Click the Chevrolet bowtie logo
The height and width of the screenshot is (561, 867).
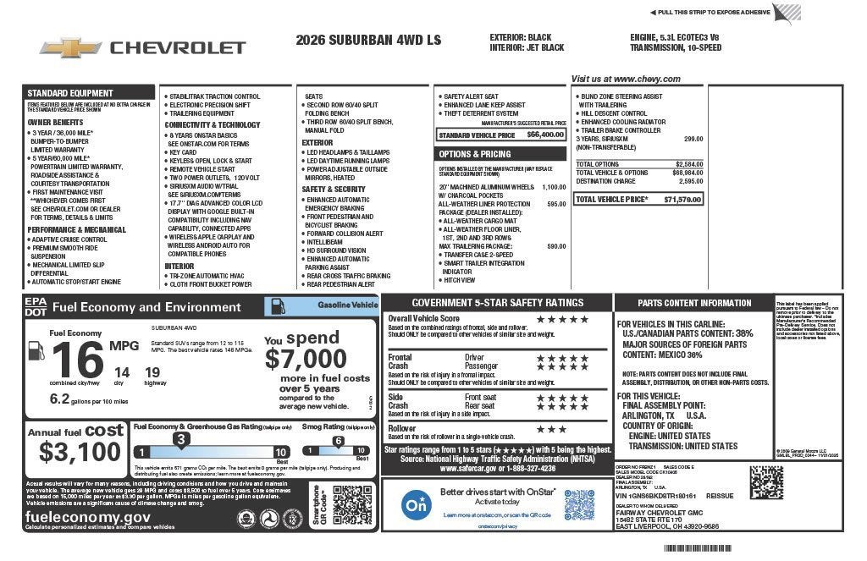click(71, 47)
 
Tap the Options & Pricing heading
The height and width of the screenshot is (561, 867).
click(475, 155)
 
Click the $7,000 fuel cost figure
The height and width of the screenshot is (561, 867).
click(306, 359)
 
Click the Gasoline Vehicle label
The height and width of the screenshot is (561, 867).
click(347, 304)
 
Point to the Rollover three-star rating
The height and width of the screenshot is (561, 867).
click(551, 429)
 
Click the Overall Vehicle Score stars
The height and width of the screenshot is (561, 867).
click(562, 319)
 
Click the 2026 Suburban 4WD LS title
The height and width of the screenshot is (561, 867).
click(357, 40)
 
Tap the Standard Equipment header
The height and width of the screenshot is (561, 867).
click(70, 93)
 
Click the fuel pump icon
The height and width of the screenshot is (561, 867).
click(35, 349)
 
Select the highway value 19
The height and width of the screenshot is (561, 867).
click(152, 371)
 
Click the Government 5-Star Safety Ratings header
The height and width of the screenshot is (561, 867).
click(497, 303)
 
